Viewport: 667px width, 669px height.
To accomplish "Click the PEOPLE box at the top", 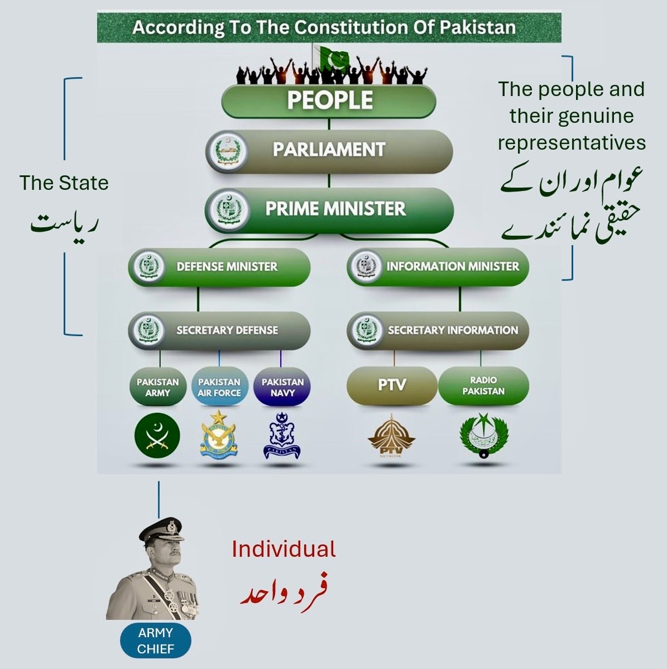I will point(329,101).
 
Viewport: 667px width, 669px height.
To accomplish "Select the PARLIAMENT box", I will point(329,150).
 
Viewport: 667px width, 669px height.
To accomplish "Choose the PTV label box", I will point(391,385).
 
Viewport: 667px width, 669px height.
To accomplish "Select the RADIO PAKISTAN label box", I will point(483,385).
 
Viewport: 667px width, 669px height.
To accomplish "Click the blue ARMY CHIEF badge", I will point(156,641).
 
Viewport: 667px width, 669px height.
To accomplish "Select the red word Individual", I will point(284,549).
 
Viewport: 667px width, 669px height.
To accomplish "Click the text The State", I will point(64,183).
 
